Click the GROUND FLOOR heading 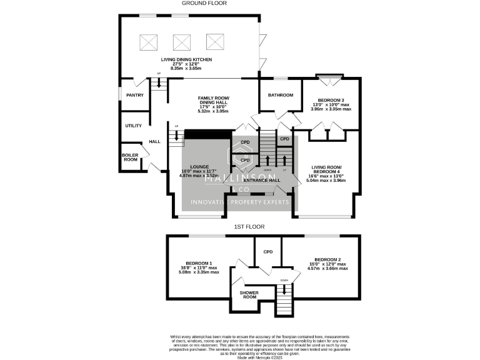[x=204, y=3]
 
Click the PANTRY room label [x=135, y=95]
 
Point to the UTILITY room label [x=133, y=126]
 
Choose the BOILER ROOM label [x=129, y=157]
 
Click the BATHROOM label [x=281, y=95]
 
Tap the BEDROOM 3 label [x=331, y=100]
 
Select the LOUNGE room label [x=199, y=167]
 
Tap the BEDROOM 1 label [x=199, y=263]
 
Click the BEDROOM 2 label [x=327, y=259]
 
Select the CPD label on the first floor [x=268, y=252]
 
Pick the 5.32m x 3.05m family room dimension [x=213, y=111]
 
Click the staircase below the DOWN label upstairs [x=284, y=305]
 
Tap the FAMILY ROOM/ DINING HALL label [x=214, y=101]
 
